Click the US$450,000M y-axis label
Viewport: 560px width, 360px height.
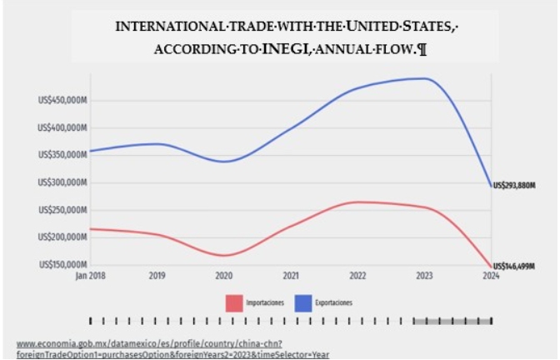[64, 101]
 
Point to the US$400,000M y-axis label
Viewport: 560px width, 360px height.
[64, 128]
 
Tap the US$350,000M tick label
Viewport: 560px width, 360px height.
[64, 155]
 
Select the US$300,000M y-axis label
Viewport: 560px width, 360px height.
[64, 182]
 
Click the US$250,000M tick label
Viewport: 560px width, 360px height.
[64, 210]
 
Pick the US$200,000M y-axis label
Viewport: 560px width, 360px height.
[64, 237]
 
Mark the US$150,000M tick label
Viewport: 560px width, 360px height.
[64, 265]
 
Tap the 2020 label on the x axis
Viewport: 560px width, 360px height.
[224, 275]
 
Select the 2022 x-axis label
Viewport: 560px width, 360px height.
[357, 275]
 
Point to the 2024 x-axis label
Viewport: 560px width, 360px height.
[491, 275]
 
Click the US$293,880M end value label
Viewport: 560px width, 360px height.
[514, 186]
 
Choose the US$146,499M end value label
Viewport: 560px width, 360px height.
[514, 266]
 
